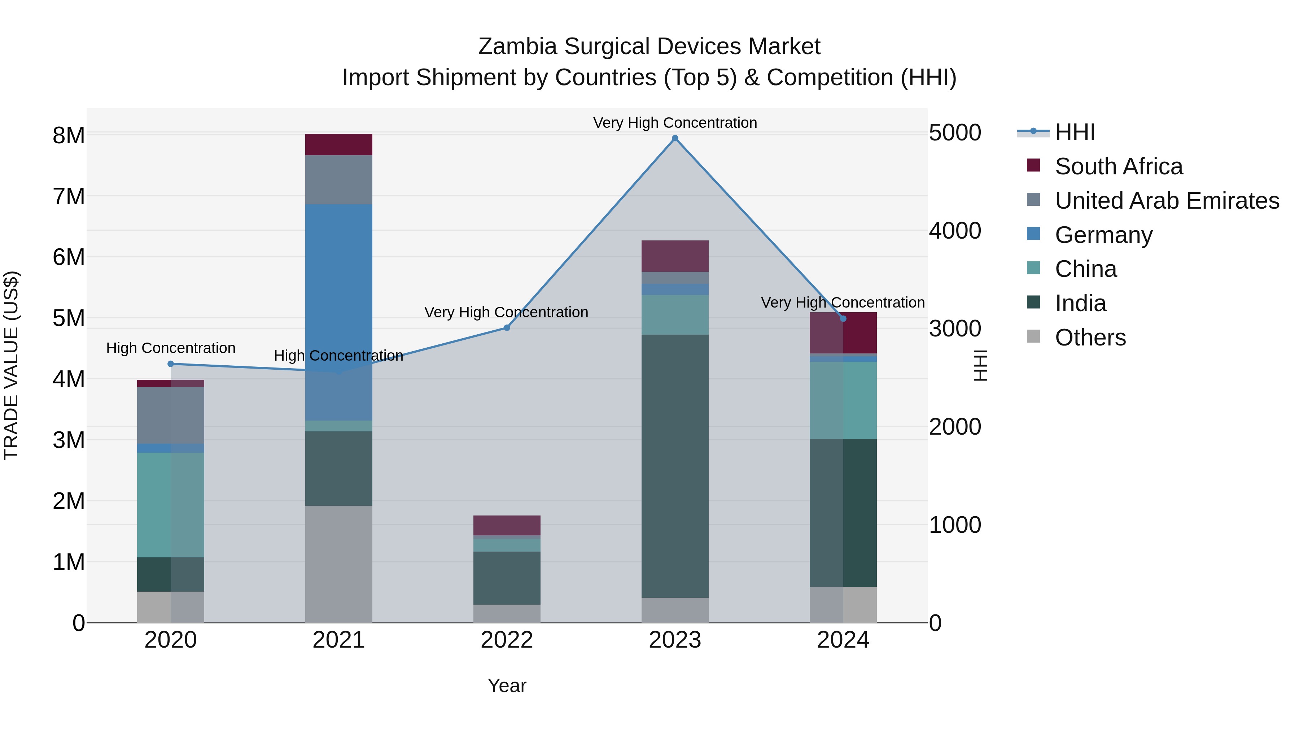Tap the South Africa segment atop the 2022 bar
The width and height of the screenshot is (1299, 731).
click(x=507, y=525)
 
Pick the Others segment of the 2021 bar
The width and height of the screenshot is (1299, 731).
click(x=338, y=564)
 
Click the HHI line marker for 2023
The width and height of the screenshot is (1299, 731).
click(x=675, y=138)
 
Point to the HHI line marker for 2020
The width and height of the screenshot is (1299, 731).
click(x=170, y=364)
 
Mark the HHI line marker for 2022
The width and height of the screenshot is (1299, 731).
click(x=507, y=328)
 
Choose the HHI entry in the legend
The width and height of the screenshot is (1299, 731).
click(x=1074, y=132)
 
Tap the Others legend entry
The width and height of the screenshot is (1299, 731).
click(x=1090, y=338)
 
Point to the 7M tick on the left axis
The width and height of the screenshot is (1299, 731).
click(x=69, y=196)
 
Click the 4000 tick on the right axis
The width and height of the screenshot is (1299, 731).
click(x=954, y=231)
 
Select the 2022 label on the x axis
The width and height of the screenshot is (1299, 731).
click(x=507, y=640)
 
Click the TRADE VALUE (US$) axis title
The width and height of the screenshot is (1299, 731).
click(x=11, y=365)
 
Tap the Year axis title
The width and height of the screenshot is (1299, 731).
click(x=507, y=686)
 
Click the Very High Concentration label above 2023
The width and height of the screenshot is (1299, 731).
click(x=675, y=123)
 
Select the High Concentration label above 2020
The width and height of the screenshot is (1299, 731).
click(x=170, y=348)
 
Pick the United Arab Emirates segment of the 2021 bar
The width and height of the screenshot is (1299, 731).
click(x=338, y=180)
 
